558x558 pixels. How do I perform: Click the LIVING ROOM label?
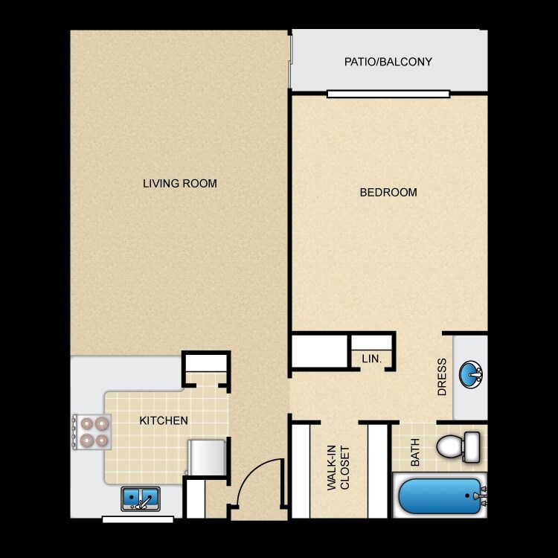(x=180, y=183)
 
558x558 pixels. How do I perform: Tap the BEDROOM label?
(x=388, y=192)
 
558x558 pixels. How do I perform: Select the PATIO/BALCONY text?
(x=388, y=62)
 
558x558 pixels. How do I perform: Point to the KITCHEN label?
(x=164, y=420)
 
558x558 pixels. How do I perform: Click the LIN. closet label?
(x=372, y=359)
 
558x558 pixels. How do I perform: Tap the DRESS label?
(x=442, y=377)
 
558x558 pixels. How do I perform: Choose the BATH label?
(x=415, y=452)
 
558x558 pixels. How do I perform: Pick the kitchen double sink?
(x=141, y=498)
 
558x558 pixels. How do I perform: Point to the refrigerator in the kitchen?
(x=206, y=456)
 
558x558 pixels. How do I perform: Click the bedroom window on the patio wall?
(x=388, y=94)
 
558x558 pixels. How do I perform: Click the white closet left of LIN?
(x=318, y=352)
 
